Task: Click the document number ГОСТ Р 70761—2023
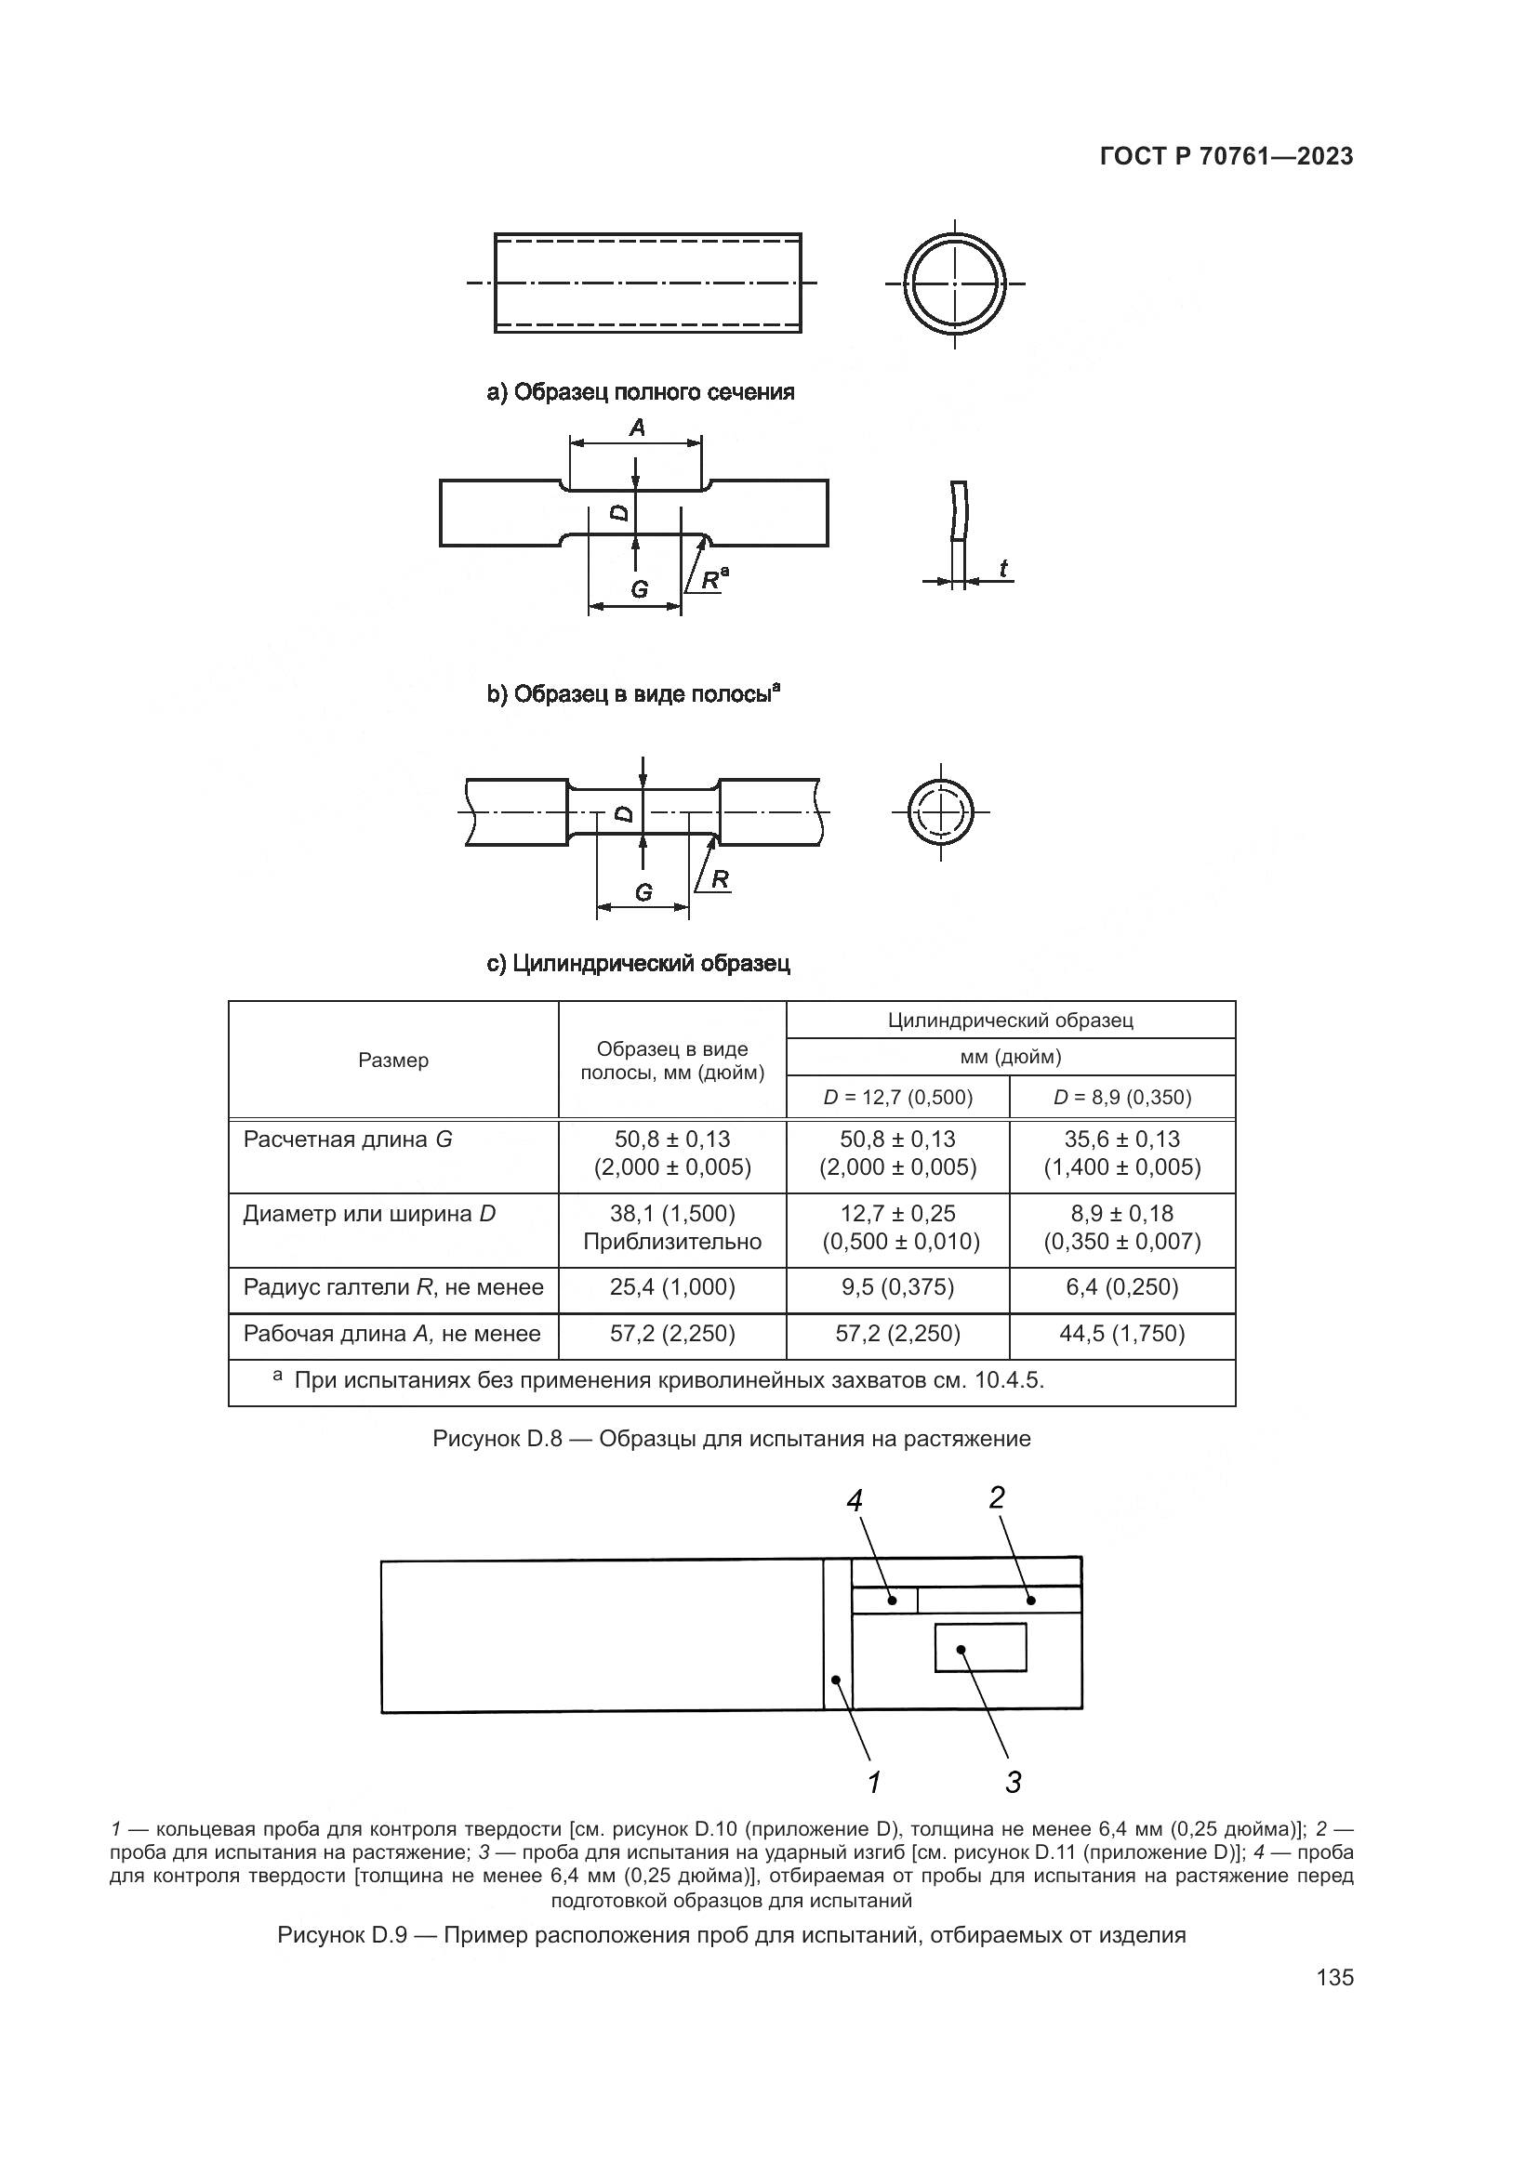tap(1226, 157)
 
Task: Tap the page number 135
tap(1334, 1978)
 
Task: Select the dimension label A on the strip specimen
tap(637, 428)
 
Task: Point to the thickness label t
tap(1003, 568)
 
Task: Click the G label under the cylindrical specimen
tap(643, 892)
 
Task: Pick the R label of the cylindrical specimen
tap(720, 879)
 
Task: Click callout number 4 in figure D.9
tap(855, 1500)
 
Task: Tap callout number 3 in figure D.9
tap(1014, 1782)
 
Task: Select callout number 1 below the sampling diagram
tap(874, 1782)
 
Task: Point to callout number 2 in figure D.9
tap(996, 1497)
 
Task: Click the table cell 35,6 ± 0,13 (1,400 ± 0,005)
tap(1122, 1153)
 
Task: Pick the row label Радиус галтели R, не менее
tap(393, 1286)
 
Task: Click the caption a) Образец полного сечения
tap(640, 392)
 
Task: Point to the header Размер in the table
tap(393, 1061)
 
